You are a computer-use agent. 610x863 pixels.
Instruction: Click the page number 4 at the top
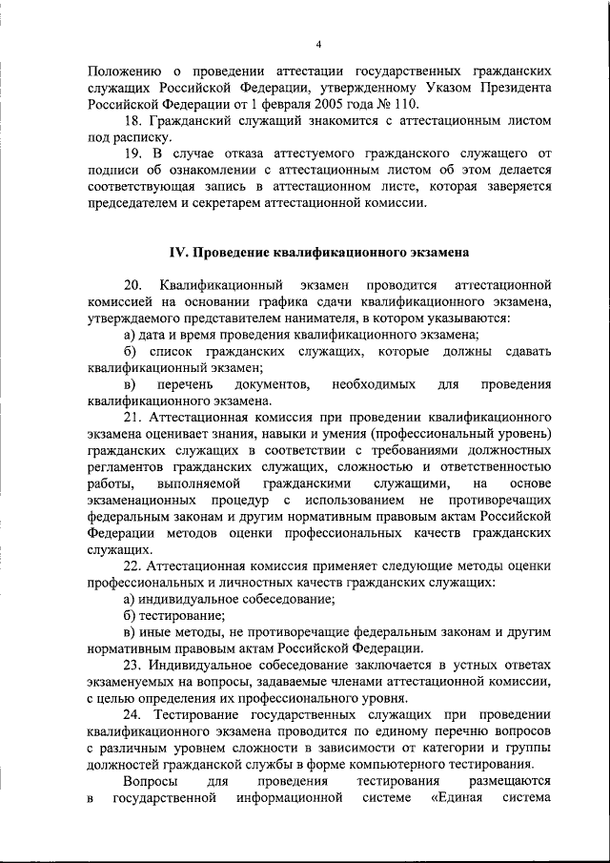click(319, 45)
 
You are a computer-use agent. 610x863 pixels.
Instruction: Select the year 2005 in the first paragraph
click(309, 105)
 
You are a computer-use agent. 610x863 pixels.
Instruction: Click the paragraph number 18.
click(133, 121)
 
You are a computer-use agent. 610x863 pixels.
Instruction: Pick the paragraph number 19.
click(133, 154)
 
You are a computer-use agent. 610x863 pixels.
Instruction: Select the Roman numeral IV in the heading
click(181, 252)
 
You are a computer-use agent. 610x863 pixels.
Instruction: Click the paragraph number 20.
click(133, 285)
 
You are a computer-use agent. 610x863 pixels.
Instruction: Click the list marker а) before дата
click(130, 334)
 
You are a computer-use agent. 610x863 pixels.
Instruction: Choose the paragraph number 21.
click(133, 417)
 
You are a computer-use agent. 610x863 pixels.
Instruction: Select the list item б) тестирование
click(168, 615)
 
